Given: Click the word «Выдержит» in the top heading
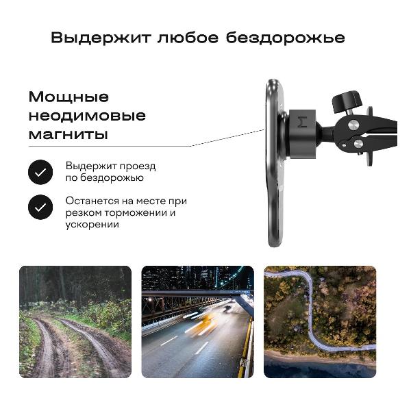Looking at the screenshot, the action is pos(101,38).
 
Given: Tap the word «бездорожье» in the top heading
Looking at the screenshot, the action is pos(285,38).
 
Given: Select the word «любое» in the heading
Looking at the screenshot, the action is pos(188,38).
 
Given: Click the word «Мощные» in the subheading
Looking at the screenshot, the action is pos(68,97).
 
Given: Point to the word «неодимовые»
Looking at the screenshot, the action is pos(87,116).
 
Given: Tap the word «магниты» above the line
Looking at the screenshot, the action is pos(68,134).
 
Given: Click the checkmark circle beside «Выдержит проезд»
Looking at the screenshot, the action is pos(40,172).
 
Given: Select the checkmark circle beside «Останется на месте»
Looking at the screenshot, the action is pos(40,208).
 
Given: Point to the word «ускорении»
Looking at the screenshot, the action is pos(92,225).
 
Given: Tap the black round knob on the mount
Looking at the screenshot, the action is pos(347,101).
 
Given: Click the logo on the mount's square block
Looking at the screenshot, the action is pos(303,122).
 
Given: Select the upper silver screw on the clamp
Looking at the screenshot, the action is pos(353,125).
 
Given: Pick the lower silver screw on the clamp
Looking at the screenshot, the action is pos(358,143).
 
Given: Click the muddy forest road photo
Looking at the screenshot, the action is pos(75,322).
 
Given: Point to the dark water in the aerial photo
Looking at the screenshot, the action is pos(320,369).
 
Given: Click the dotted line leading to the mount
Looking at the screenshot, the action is pos(227,138).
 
